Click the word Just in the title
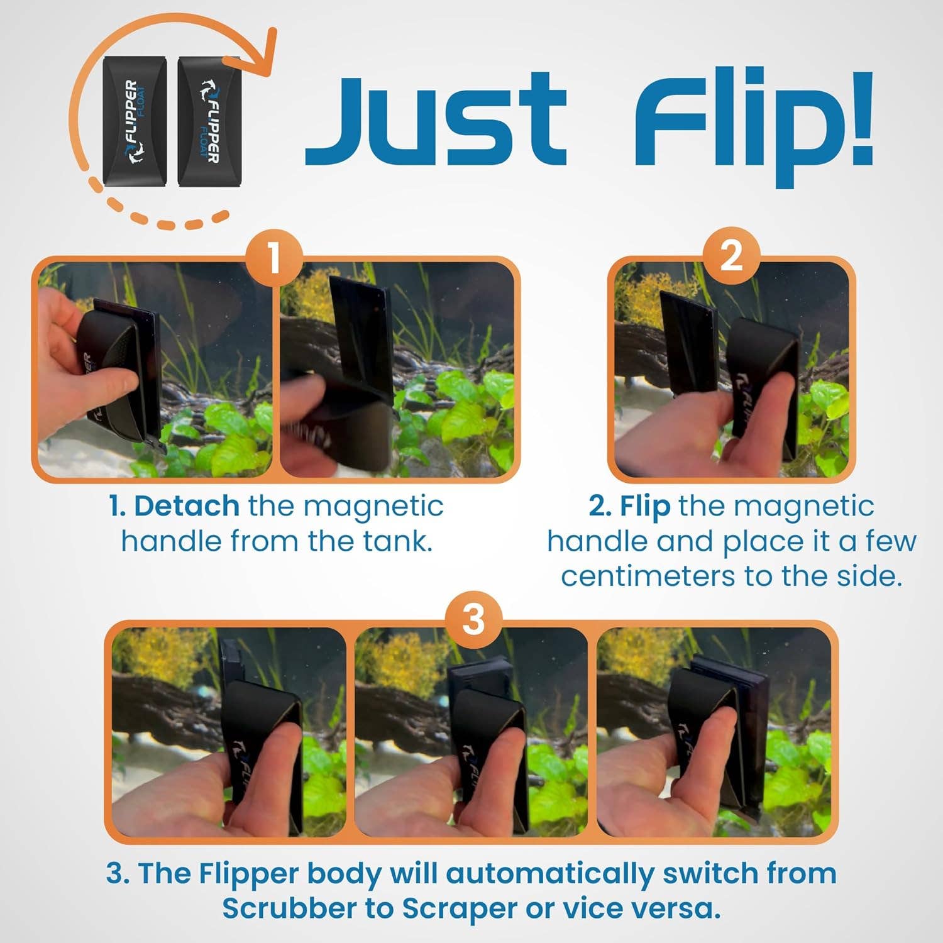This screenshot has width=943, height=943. [x=436, y=119]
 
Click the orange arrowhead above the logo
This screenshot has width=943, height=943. [x=267, y=47]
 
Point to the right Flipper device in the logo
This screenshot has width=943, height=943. [x=208, y=121]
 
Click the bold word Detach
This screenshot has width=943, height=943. [x=186, y=506]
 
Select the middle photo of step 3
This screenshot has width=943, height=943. [x=472, y=732]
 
